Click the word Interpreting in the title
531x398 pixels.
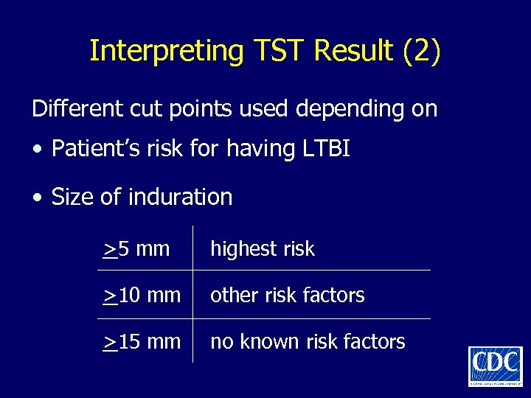(166, 51)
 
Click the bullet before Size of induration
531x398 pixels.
(38, 198)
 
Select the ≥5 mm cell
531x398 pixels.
(136, 249)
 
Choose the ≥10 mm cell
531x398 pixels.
(142, 296)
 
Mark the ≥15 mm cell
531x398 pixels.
(142, 342)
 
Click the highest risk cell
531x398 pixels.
(263, 249)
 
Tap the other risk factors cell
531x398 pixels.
(288, 296)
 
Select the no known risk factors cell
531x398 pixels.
(308, 342)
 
